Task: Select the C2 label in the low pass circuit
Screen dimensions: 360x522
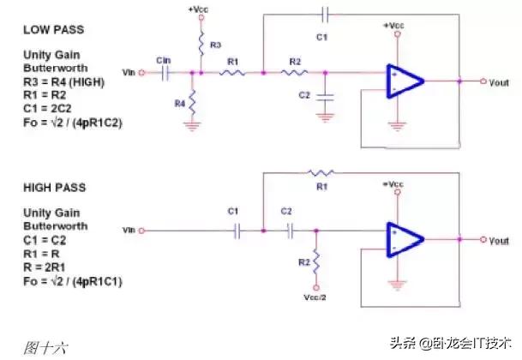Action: tap(304, 94)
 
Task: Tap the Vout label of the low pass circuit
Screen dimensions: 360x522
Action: tap(499, 82)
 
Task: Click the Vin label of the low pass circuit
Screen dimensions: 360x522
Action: tap(129, 73)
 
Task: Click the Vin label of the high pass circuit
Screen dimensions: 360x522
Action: tap(129, 231)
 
